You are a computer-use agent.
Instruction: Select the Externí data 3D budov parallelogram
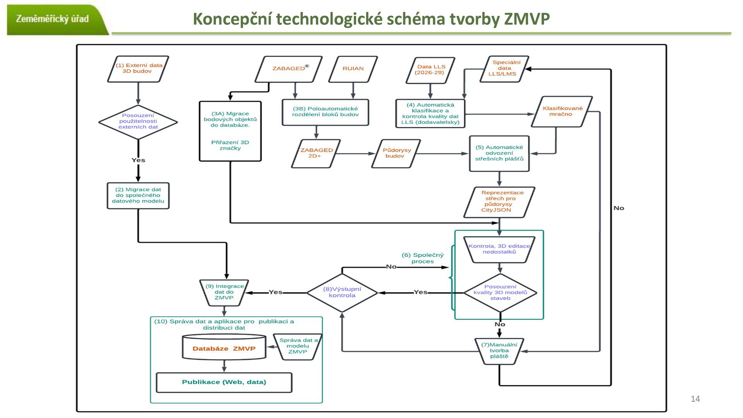point(138,69)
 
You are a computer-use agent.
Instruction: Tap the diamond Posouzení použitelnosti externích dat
point(138,122)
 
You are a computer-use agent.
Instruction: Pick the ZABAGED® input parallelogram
point(289,69)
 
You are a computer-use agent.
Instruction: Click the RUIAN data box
point(353,69)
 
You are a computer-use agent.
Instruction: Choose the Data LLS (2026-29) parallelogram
point(430,70)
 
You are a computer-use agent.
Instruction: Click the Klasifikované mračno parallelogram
point(562,111)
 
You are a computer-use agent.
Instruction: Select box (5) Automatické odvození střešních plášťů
point(499,153)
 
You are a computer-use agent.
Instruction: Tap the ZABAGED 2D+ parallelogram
point(316,153)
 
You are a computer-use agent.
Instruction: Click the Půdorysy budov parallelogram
point(396,153)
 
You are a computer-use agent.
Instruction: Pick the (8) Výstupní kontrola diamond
point(342,293)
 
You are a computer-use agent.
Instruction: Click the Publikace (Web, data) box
point(224,382)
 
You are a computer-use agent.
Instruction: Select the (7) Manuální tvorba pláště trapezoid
point(499,351)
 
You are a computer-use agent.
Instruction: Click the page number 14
point(695,399)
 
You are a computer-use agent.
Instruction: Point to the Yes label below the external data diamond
point(138,160)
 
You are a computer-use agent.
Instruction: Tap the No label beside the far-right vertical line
point(619,208)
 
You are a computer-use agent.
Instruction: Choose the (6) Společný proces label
point(423,258)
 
